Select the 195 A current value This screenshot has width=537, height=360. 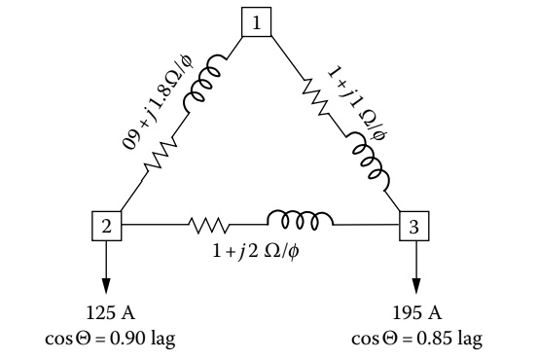coord(416,316)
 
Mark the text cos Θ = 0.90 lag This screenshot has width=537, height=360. coord(107,338)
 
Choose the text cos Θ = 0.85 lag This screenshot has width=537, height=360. coord(416,338)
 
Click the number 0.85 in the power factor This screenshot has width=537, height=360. coord(436,338)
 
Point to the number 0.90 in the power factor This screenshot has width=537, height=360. coord(126,338)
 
